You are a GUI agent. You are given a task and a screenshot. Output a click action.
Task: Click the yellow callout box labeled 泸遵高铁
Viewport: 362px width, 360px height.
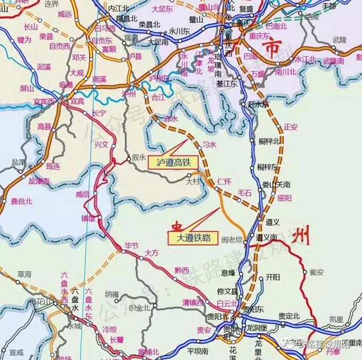174,162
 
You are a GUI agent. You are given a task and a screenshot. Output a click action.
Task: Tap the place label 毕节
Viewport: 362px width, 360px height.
131,246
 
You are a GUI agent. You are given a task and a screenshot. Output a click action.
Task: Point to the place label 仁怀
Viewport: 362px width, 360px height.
224,181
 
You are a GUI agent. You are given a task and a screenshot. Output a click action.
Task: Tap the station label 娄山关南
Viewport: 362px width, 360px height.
276,185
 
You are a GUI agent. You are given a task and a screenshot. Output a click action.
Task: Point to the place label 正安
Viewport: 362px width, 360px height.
290,127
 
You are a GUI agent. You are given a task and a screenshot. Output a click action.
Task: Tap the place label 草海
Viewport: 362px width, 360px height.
24,273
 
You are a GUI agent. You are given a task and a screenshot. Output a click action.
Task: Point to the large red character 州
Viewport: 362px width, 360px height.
299,239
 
